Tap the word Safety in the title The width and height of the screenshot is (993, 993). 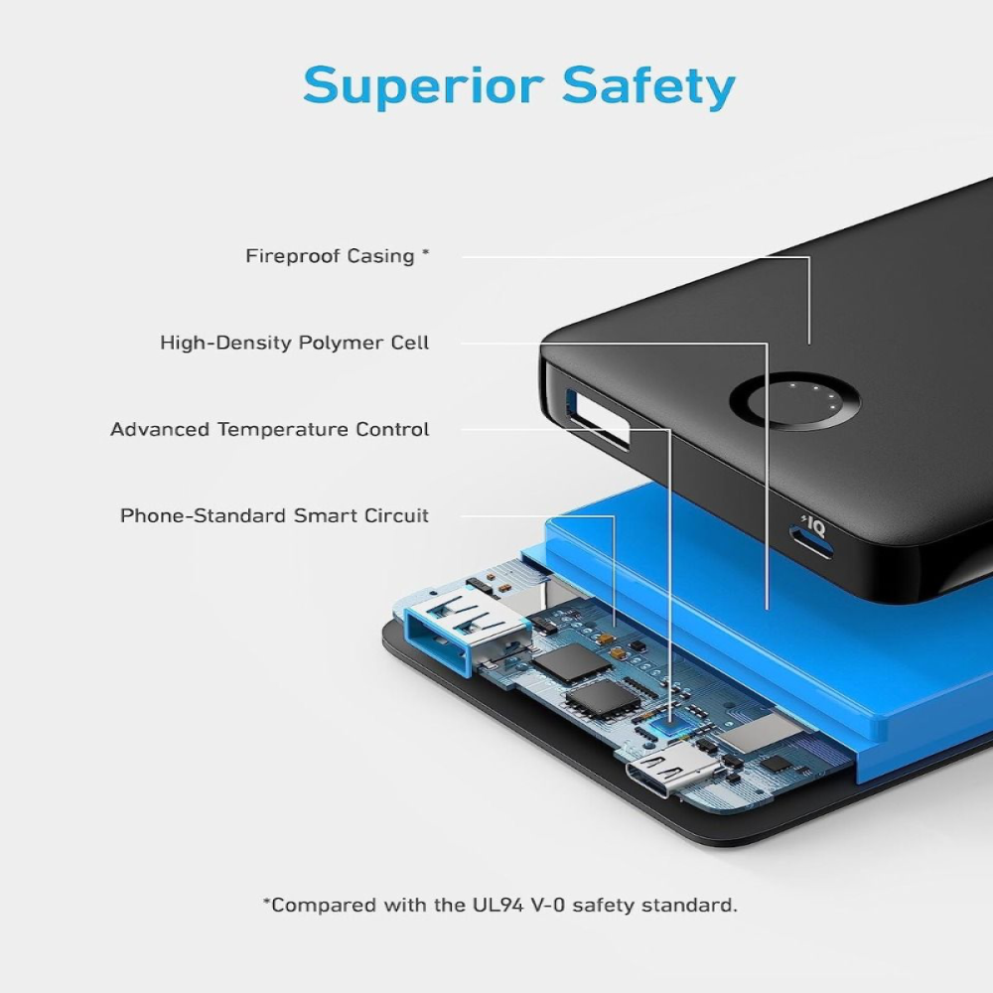647,87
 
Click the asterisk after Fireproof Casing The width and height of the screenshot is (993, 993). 426,254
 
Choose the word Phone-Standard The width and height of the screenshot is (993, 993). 204,516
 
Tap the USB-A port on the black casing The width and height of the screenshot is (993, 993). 597,419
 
